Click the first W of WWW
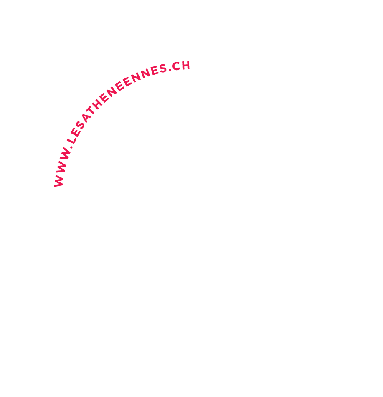[59, 181]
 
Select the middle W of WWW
[62, 168]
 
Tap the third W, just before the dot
[66, 155]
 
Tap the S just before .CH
[163, 68]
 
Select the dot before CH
[170, 69]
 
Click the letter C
[176, 66]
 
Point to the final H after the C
[186, 65]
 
